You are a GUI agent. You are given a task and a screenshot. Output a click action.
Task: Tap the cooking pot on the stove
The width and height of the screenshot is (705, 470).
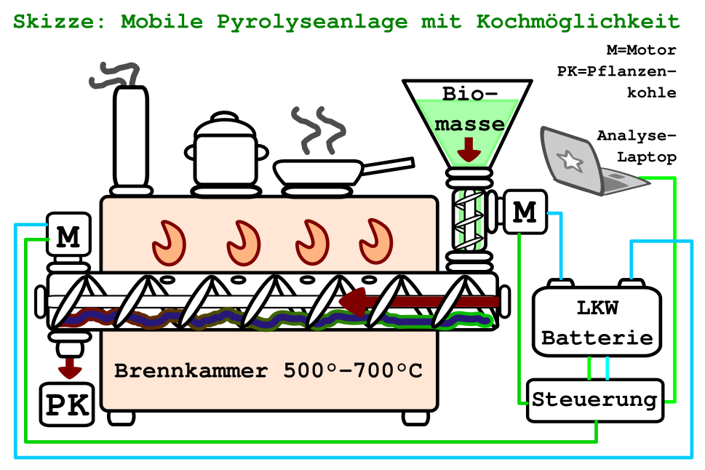226,154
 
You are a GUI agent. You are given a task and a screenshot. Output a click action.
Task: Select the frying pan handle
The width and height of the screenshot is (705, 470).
389,166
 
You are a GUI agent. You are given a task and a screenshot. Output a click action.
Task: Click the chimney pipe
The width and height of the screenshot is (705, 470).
130,138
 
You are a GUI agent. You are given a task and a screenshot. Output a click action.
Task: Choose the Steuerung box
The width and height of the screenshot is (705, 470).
595,399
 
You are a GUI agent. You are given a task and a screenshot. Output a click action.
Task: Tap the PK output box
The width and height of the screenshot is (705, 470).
68,405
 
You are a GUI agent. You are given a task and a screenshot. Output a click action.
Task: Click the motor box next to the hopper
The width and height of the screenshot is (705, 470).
524,211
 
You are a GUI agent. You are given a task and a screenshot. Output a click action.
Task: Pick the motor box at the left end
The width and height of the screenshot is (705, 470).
68,234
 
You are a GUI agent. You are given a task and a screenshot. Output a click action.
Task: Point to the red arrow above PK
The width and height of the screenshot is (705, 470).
70,366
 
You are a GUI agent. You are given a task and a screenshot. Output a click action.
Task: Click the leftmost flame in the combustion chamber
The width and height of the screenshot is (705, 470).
170,243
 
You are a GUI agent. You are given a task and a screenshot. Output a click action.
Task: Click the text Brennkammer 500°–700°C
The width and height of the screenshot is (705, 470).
268,370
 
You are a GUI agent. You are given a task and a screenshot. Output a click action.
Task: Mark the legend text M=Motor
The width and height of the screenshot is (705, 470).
641,50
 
